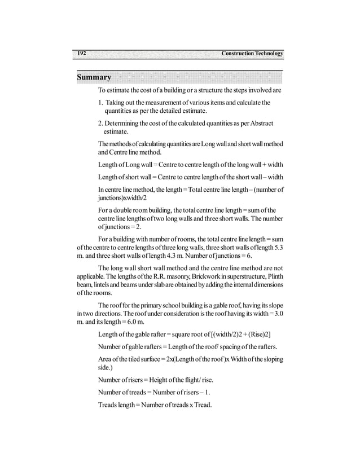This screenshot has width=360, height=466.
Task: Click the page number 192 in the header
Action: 81,53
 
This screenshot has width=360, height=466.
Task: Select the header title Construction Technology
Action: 252,54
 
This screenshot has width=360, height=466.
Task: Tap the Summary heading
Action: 94,77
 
